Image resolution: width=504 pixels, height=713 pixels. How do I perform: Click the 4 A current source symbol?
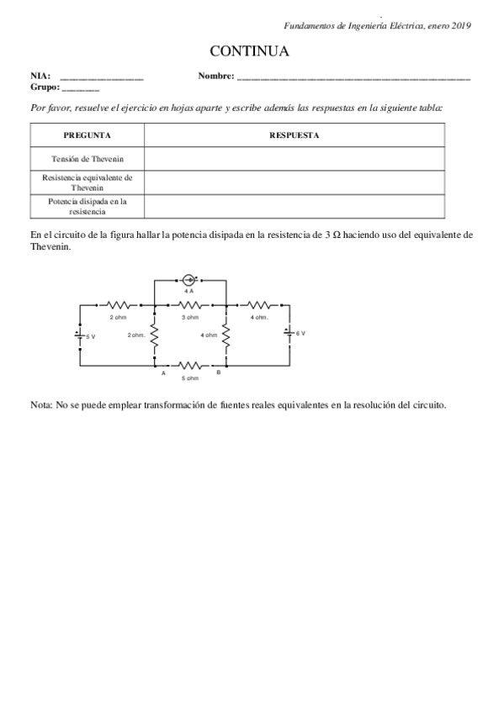click(x=190, y=279)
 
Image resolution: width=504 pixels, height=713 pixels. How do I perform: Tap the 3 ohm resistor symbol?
click(x=191, y=304)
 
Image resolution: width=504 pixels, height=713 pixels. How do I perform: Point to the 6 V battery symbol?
click(x=290, y=333)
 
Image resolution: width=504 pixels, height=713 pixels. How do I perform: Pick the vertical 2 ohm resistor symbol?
click(x=155, y=335)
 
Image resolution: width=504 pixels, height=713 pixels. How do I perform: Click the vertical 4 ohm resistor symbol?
click(x=225, y=335)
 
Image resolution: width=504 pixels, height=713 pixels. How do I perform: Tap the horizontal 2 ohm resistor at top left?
click(x=119, y=304)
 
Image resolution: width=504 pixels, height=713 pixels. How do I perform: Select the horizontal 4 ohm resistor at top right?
click(x=258, y=304)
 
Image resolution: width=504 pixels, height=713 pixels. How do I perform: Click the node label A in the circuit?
click(x=163, y=372)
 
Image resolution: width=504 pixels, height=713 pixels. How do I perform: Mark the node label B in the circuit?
click(x=218, y=372)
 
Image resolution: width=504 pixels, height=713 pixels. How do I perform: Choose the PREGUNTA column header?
click(x=87, y=135)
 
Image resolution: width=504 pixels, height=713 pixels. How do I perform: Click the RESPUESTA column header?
click(x=294, y=135)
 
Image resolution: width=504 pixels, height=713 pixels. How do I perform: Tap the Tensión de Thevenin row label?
click(x=87, y=157)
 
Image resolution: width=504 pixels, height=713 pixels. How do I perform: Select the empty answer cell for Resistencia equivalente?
click(x=294, y=182)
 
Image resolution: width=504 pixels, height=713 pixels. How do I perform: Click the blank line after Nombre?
click(x=353, y=77)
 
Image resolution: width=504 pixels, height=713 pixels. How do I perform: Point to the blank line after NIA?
click(x=102, y=77)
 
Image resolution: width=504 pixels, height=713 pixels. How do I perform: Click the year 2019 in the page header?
click(x=459, y=26)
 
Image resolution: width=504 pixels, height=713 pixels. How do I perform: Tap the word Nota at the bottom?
click(x=40, y=405)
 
